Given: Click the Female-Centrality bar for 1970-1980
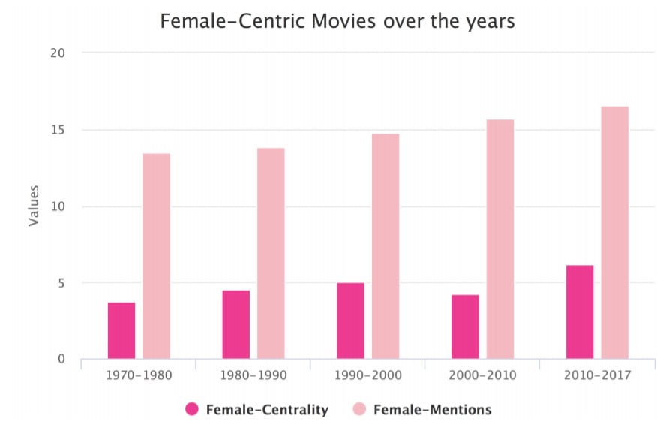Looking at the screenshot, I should click(121, 330).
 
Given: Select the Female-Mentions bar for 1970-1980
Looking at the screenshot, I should click(157, 256).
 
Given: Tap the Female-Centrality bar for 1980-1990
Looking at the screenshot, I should click(236, 324).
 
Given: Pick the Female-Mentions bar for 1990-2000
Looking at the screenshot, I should click(385, 246).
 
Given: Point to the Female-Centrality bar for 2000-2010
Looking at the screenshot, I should click(465, 327).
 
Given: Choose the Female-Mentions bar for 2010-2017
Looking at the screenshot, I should click(614, 233).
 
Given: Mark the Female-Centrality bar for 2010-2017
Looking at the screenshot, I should click(580, 312).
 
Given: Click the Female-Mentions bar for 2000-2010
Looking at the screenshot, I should click(500, 239).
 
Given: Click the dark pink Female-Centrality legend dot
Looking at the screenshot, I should click(193, 409).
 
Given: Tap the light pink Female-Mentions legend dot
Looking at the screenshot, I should click(360, 409).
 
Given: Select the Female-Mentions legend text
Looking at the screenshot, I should click(432, 409).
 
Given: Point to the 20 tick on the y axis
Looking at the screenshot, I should click(58, 53).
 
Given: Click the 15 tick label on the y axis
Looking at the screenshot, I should click(58, 130).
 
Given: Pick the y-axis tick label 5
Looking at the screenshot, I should click(62, 283).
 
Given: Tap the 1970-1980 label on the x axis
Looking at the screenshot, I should click(139, 375).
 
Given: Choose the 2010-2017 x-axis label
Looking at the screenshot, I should click(597, 375).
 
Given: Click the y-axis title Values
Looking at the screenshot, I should click(34, 206).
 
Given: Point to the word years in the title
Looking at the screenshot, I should click(490, 21).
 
